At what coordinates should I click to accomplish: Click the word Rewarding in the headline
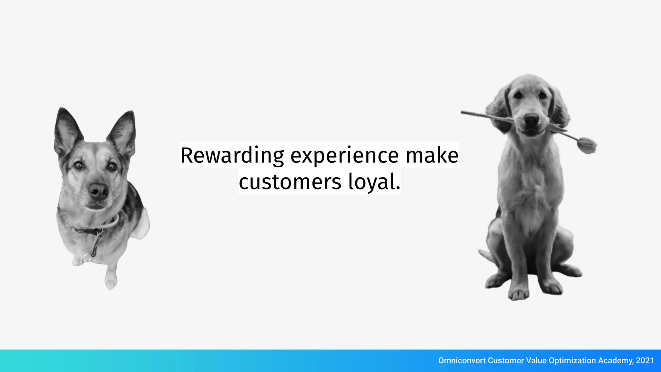(232, 156)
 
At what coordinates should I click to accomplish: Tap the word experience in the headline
(344, 156)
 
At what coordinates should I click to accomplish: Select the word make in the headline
(432, 156)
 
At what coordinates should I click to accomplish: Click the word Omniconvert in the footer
(462, 361)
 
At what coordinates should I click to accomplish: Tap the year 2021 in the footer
(645, 361)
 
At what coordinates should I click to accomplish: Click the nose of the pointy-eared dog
(98, 191)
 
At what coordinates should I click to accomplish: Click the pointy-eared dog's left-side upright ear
(66, 129)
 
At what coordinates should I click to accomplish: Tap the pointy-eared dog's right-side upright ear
(125, 131)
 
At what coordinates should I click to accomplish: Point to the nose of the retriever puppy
(531, 120)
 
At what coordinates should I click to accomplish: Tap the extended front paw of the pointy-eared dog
(110, 282)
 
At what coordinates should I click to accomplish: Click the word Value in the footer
(536, 361)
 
